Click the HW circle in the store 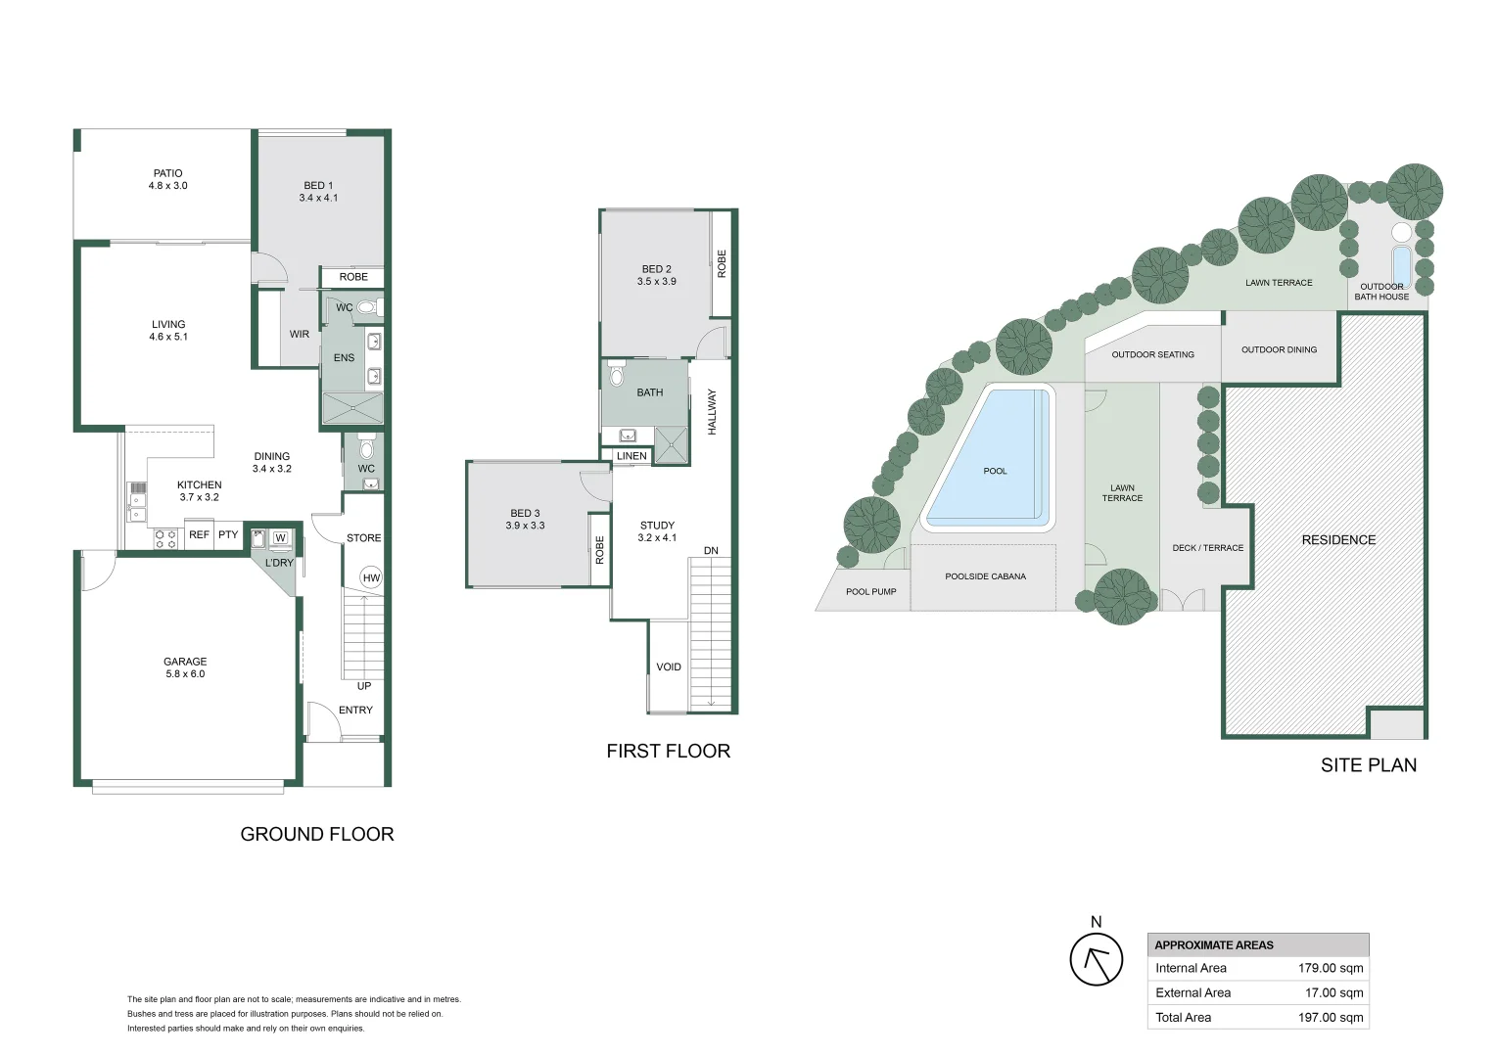[371, 578]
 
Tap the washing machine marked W [280, 538]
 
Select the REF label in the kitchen [199, 534]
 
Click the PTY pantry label [228, 534]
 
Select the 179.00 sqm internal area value [1331, 968]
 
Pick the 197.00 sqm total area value [1331, 1017]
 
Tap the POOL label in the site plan [995, 471]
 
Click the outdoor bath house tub [1401, 266]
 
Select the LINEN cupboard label [631, 456]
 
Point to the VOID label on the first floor [669, 667]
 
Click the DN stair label [711, 551]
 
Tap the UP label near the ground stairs [364, 686]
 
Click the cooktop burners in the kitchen [165, 539]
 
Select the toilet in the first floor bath [616, 374]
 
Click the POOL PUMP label [871, 591]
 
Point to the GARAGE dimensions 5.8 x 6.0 [185, 673]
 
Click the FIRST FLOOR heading [669, 752]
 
